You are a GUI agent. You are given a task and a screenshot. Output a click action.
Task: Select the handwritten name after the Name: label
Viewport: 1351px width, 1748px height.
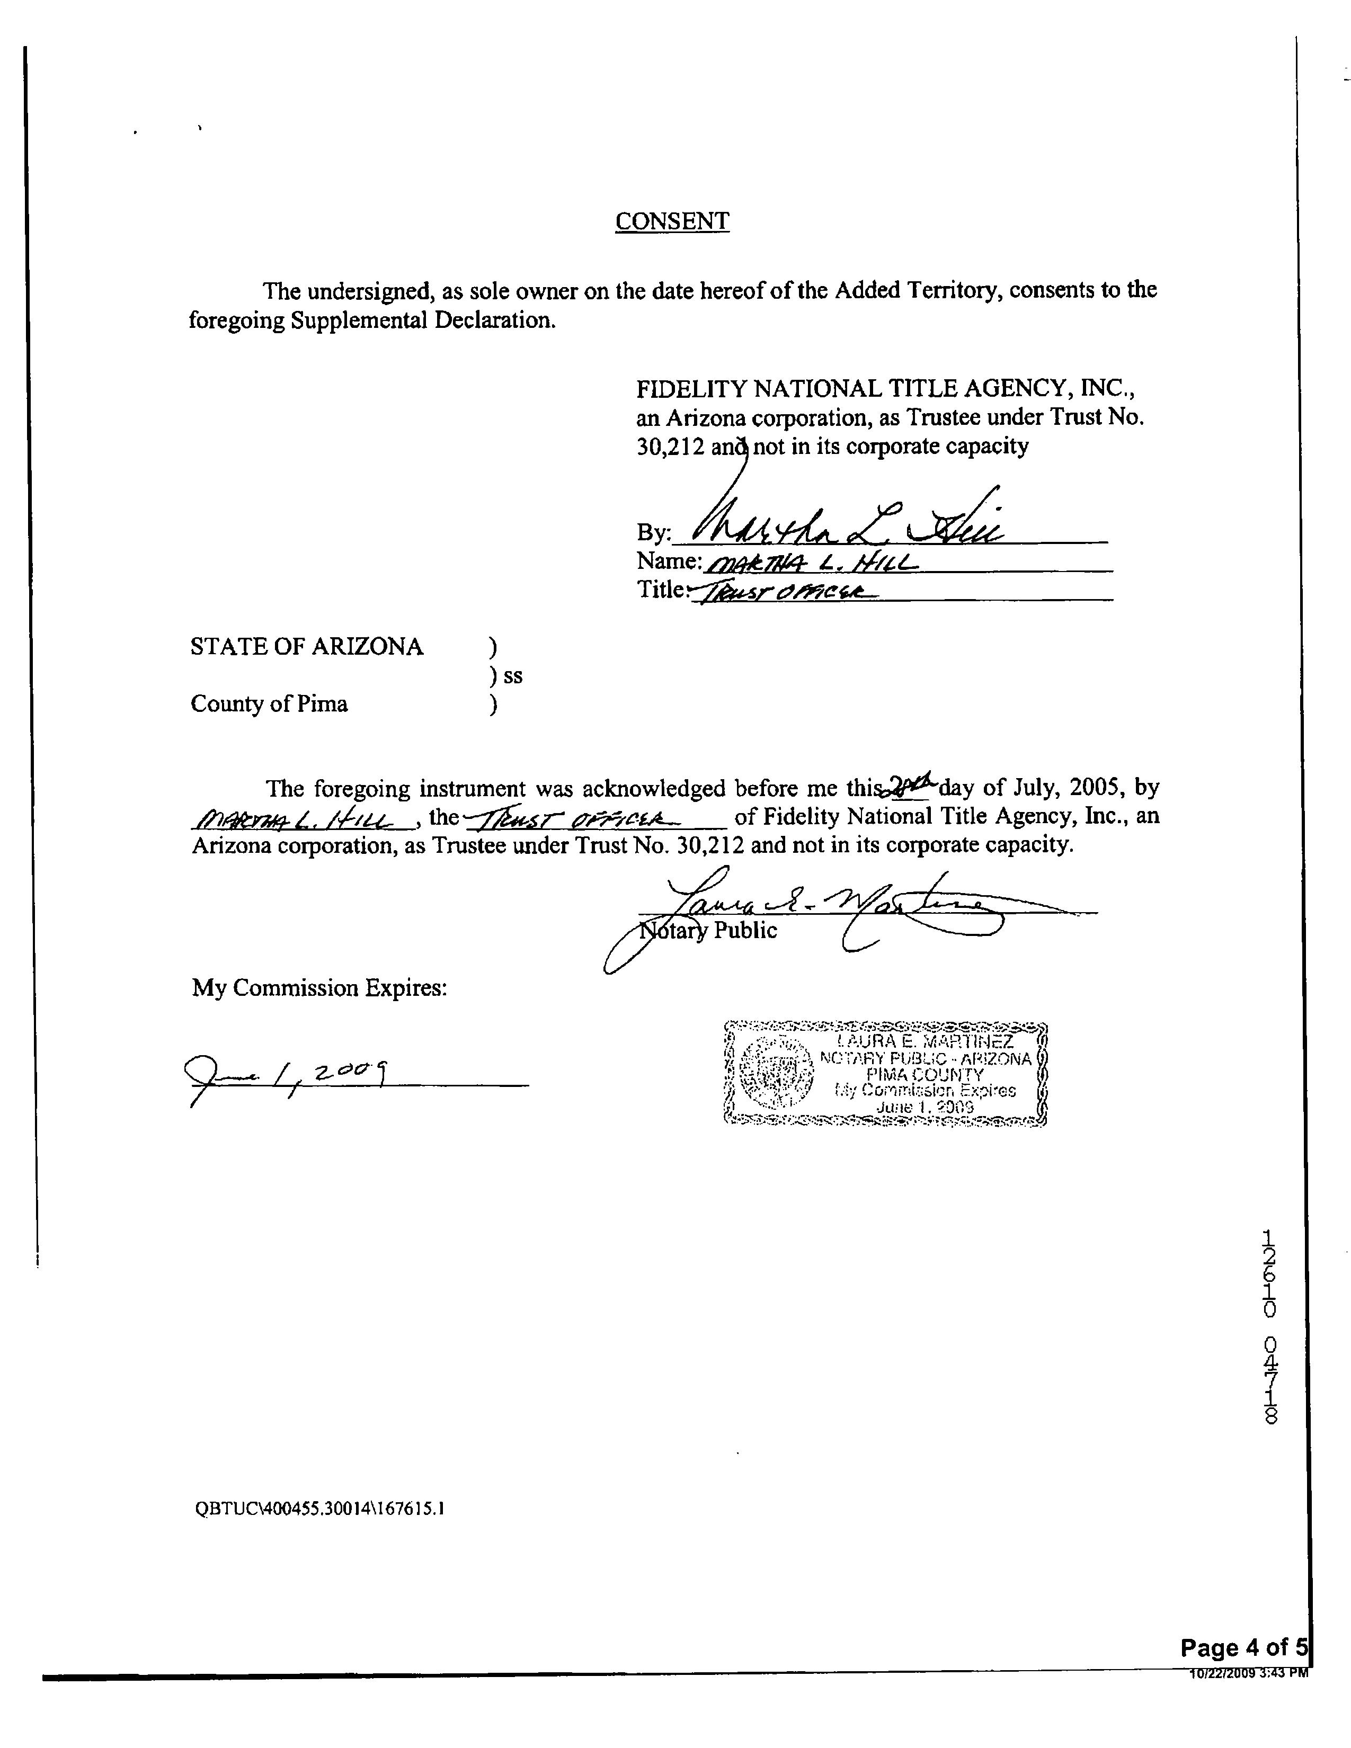pos(808,564)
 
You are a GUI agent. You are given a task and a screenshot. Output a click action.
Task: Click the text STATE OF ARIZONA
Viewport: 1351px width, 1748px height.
pos(307,647)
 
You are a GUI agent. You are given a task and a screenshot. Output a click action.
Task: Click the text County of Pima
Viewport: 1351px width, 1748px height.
pos(269,704)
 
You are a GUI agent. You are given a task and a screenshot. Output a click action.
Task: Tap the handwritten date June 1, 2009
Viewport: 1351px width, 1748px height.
pos(288,1073)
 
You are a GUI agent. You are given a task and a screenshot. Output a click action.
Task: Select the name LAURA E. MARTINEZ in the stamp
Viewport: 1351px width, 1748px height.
pos(925,1042)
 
